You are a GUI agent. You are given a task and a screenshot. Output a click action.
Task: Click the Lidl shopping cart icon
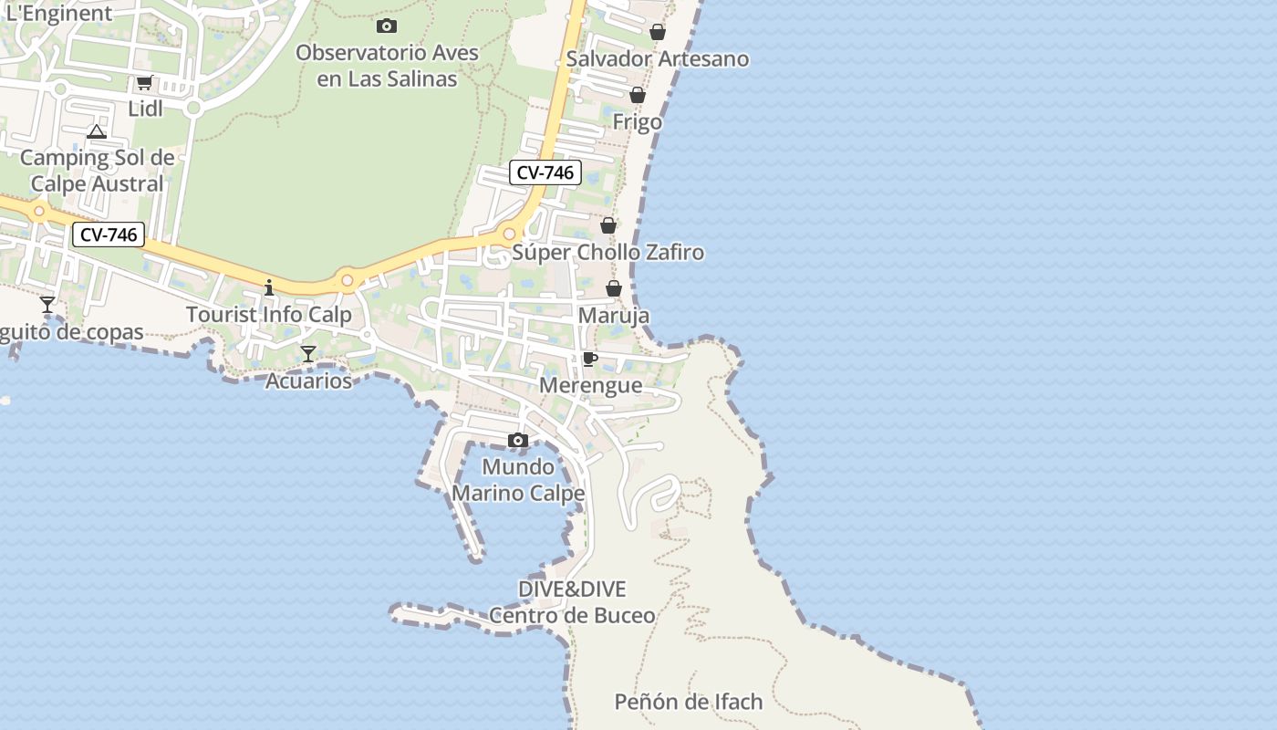click(x=144, y=83)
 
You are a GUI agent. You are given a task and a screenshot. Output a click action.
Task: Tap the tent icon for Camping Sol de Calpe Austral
click(x=97, y=131)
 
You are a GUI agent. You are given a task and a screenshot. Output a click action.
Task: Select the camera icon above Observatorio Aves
click(x=387, y=26)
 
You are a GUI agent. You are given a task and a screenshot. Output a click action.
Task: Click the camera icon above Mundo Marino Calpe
click(x=518, y=441)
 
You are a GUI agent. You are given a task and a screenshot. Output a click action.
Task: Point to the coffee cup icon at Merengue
click(x=589, y=359)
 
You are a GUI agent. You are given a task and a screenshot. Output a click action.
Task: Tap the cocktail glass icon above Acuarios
click(x=308, y=354)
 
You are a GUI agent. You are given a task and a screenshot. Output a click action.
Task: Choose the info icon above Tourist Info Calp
click(x=268, y=287)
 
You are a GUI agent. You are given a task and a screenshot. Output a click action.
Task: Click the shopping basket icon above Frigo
click(x=638, y=95)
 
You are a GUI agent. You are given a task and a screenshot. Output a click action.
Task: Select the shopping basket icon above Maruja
click(x=614, y=288)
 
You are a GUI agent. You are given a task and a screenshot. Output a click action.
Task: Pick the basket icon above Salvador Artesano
click(x=657, y=33)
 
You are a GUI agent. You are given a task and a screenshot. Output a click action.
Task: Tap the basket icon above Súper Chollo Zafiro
click(x=607, y=225)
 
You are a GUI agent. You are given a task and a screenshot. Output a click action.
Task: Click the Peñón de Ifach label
click(x=689, y=702)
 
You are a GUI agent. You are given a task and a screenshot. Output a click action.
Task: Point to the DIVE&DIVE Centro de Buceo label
click(x=572, y=602)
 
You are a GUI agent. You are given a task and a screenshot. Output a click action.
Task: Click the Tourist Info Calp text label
click(x=269, y=315)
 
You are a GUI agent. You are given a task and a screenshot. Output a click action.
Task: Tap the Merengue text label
click(x=590, y=385)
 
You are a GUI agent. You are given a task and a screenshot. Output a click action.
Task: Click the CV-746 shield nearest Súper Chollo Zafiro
click(x=545, y=172)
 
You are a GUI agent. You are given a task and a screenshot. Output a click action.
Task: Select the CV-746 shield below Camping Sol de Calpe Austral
click(x=109, y=235)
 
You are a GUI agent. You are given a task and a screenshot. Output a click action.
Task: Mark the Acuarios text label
click(x=308, y=381)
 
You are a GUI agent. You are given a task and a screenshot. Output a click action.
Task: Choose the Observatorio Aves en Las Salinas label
click(x=387, y=66)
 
